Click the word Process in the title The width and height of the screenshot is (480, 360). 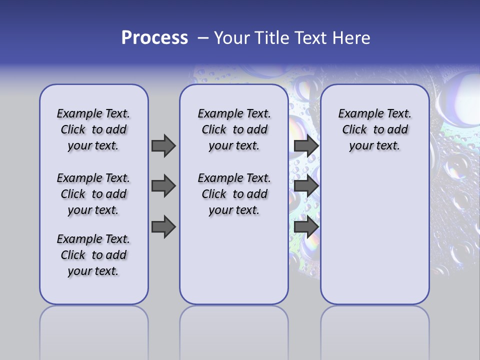click(154, 38)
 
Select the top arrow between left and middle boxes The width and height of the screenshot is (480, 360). click(163, 145)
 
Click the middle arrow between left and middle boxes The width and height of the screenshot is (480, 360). click(163, 186)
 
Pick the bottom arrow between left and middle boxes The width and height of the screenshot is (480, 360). click(163, 227)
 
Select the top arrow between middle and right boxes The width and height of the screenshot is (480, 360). click(306, 145)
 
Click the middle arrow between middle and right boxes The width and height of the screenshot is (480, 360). click(306, 186)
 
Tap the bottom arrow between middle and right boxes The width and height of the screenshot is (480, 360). click(306, 227)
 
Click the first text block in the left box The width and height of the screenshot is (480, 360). click(93, 129)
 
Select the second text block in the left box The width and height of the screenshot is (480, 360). click(93, 194)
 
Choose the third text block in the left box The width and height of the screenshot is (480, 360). click(93, 255)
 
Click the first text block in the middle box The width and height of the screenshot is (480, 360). click(234, 129)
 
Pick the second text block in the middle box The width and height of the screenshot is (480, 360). click(234, 194)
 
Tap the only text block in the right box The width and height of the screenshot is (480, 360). click(374, 129)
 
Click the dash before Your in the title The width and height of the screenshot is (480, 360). click(203, 38)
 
